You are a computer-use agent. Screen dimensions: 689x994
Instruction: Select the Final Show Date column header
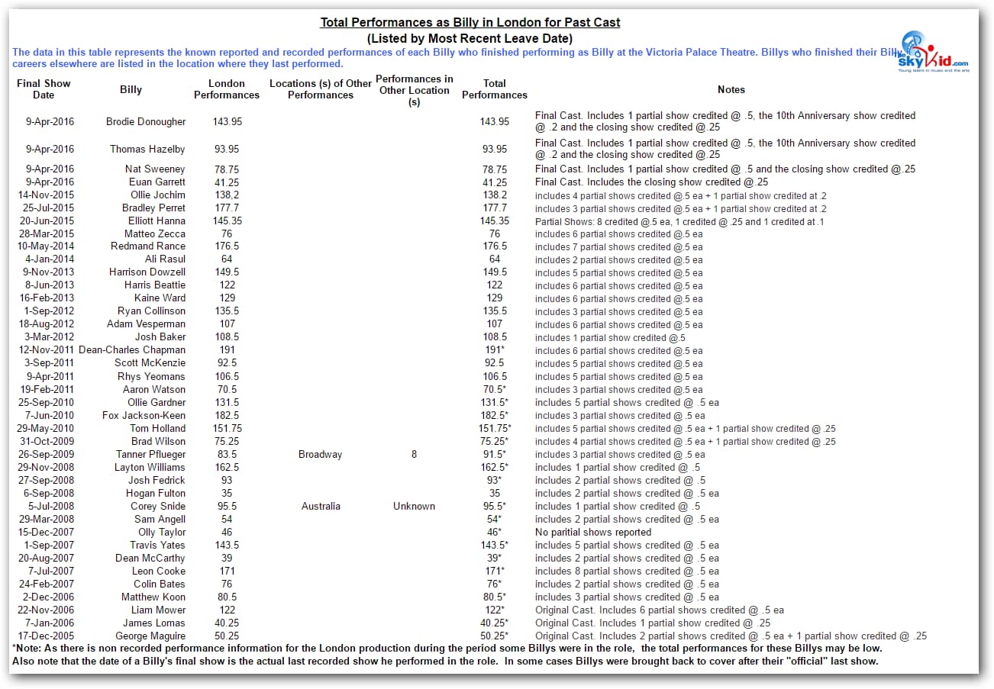[44, 89]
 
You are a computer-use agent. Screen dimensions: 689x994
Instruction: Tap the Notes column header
[731, 89]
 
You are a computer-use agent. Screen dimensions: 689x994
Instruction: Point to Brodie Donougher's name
[146, 121]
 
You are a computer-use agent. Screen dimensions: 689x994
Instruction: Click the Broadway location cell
[321, 455]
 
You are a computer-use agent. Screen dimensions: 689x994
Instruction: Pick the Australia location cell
[321, 507]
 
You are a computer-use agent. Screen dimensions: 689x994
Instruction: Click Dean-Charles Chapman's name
[132, 350]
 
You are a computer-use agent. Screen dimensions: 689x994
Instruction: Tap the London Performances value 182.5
[227, 416]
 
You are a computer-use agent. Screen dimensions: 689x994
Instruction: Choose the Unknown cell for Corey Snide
[414, 507]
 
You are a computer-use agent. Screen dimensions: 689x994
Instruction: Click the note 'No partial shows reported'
[593, 533]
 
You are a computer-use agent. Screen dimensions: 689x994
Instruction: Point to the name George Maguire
[150, 636]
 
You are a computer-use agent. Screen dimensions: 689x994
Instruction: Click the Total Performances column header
[495, 89]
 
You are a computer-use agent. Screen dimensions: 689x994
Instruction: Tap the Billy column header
[131, 89]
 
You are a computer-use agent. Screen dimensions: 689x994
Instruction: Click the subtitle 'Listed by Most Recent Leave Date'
[470, 38]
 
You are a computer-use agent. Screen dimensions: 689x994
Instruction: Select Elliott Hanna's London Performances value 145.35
[227, 221]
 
